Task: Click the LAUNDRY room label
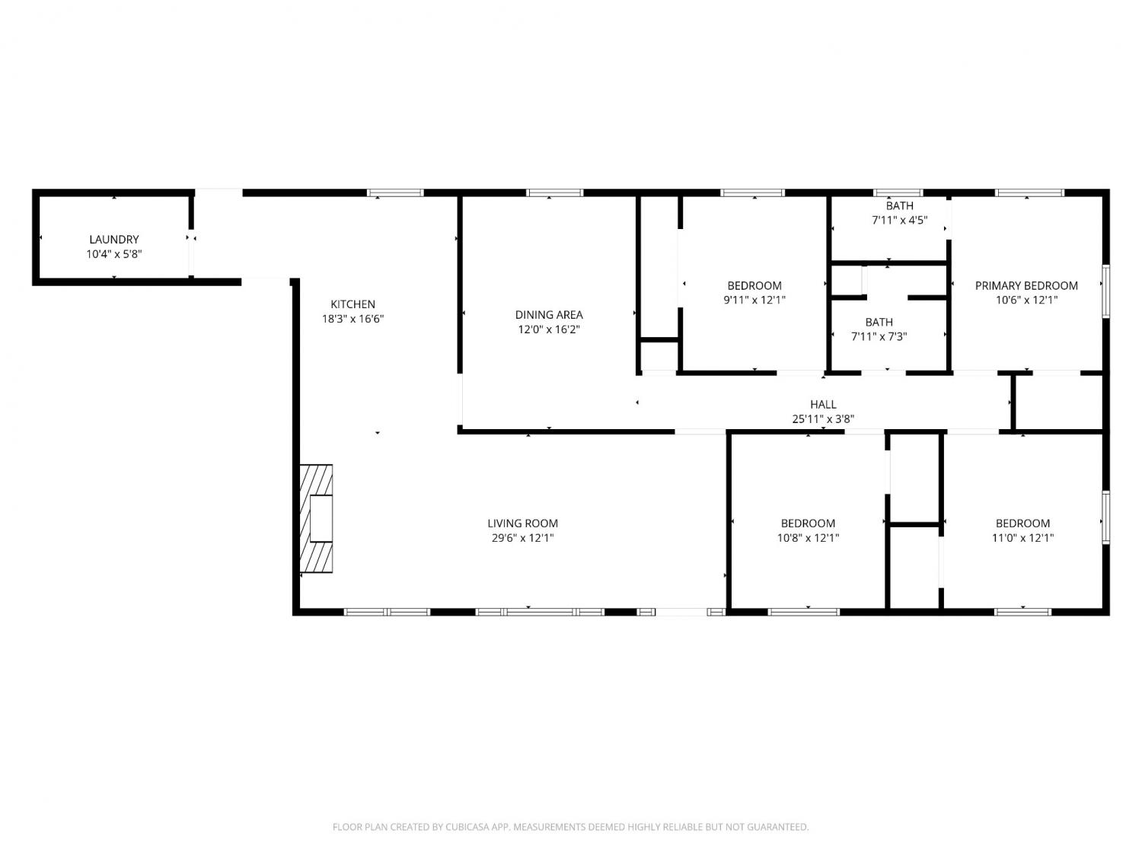tap(114, 240)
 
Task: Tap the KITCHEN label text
tap(352, 304)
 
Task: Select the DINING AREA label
tap(549, 314)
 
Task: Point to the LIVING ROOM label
tap(522, 523)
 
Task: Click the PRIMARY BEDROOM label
tap(1026, 285)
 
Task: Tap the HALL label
tap(823, 404)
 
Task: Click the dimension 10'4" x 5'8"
tap(114, 254)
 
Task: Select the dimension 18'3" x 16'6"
tap(352, 319)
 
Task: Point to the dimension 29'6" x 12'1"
tap(522, 538)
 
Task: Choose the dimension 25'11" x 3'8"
tap(823, 419)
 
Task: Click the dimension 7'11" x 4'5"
tap(900, 221)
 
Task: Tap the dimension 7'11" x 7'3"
tap(879, 337)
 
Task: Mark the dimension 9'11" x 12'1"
tap(754, 300)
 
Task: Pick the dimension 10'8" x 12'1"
tap(808, 538)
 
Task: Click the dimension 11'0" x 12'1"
tap(1023, 538)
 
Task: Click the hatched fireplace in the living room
tap(316, 519)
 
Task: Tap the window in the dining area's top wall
tap(554, 193)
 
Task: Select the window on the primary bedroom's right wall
tap(1106, 291)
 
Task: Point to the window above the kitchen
tap(395, 193)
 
